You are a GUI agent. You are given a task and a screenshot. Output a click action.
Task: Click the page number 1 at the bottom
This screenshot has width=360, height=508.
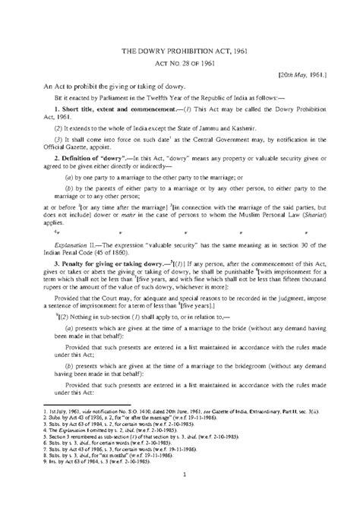click(179, 477)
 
